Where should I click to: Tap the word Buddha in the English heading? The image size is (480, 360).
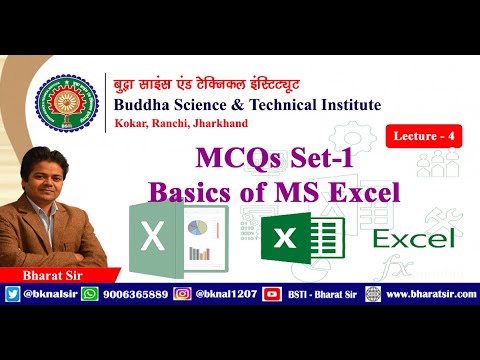[142, 106]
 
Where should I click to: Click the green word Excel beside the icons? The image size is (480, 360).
[414, 237]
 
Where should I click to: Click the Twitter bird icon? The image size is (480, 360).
[12, 294]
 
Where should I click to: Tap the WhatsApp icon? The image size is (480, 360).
[89, 294]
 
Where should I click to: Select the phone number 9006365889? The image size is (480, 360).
[133, 294]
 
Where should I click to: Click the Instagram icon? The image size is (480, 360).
[183, 294]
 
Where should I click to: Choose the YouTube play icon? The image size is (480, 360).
[270, 294]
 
